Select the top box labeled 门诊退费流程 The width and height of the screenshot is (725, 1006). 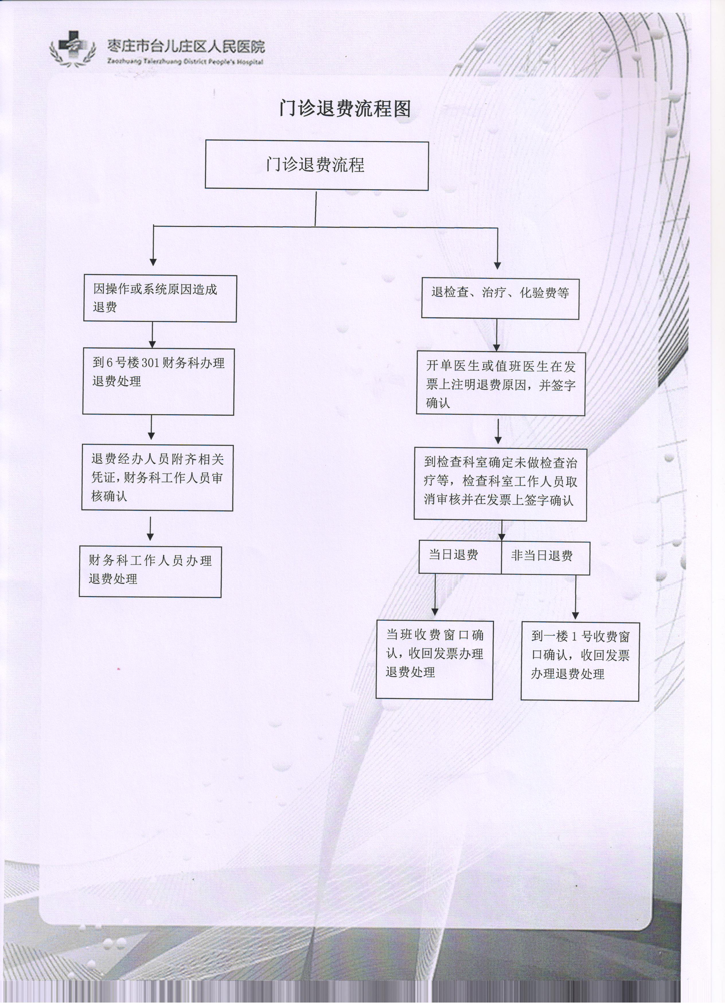(317, 165)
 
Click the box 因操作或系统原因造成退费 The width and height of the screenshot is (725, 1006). (160, 299)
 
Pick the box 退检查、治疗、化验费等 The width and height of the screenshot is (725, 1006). (500, 298)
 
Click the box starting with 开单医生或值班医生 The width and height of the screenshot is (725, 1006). (501, 384)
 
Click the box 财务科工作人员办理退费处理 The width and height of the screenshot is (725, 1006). (150, 572)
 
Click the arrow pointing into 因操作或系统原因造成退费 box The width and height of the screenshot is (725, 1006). (153, 246)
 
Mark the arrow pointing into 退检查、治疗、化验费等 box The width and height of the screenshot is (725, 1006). (498, 248)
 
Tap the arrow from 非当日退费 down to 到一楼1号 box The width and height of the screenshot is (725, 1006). (576, 597)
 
